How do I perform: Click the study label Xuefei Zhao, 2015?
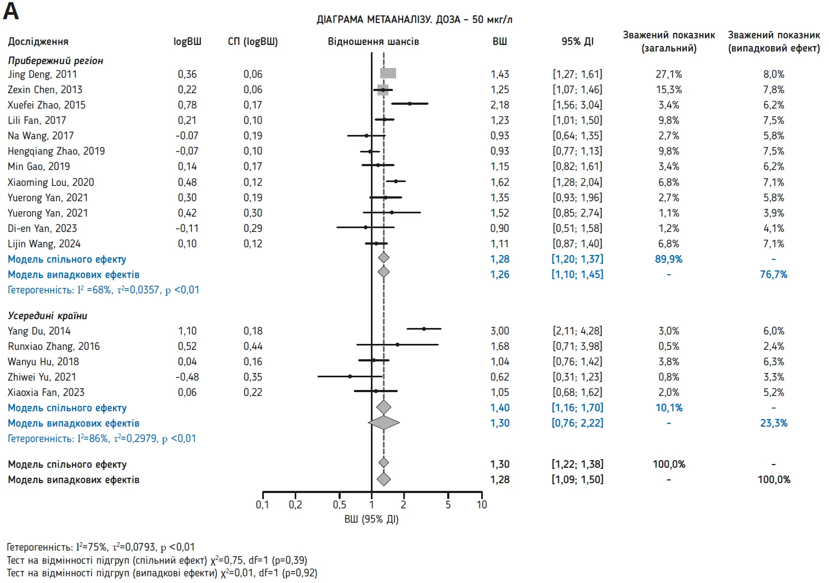47,105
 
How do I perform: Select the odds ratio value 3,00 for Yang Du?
500,331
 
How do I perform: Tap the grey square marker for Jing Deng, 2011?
388,73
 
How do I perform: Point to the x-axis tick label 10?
482,505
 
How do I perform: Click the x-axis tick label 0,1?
262,505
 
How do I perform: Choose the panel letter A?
11,12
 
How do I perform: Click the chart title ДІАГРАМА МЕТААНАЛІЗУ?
414,20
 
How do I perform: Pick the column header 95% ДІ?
577,42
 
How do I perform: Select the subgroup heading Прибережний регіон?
55,60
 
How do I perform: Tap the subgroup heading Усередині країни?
48,315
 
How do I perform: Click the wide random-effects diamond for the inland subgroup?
384,423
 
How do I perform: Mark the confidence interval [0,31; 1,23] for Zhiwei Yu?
577,377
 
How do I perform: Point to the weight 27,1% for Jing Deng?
669,74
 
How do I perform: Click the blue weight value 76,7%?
774,274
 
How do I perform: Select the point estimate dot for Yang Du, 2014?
424,329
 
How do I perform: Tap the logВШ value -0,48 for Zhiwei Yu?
187,377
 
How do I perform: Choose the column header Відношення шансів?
373,42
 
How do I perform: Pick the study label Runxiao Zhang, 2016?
54,346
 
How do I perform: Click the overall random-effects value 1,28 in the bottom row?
500,479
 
